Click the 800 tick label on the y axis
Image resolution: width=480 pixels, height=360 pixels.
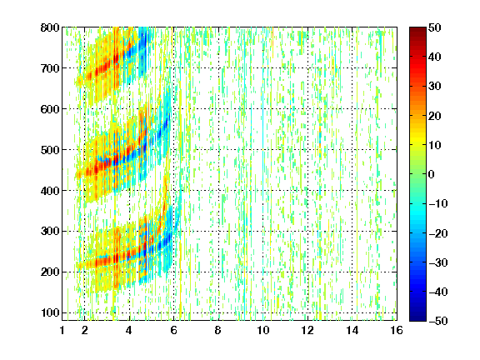click(50, 27)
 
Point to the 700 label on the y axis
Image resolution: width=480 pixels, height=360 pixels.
click(50, 68)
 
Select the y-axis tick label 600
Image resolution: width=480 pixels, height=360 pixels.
click(50, 109)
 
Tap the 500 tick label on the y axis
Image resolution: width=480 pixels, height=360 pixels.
click(50, 150)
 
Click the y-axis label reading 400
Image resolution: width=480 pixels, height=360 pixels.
click(50, 191)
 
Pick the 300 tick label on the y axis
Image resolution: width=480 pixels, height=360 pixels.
click(50, 232)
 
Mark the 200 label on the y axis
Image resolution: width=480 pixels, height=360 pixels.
click(50, 272)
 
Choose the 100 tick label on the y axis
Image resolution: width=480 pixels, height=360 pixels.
click(50, 312)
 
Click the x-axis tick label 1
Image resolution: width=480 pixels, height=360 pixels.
click(62, 331)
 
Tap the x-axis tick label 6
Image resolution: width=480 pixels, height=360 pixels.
click(173, 331)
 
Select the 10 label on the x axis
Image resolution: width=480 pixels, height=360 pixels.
click(263, 331)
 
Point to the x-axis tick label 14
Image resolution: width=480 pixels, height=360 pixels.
click(352, 331)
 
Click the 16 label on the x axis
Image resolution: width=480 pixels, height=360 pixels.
click(397, 331)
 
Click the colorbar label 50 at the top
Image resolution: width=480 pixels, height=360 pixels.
click(435, 27)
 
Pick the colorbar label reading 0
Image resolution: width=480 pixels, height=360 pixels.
click(432, 174)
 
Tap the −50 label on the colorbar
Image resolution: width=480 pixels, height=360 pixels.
click(438, 321)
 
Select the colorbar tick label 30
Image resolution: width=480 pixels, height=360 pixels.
click(435, 87)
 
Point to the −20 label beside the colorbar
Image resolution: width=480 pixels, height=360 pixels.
click(438, 233)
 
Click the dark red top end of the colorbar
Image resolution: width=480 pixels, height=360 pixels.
click(417, 28)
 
